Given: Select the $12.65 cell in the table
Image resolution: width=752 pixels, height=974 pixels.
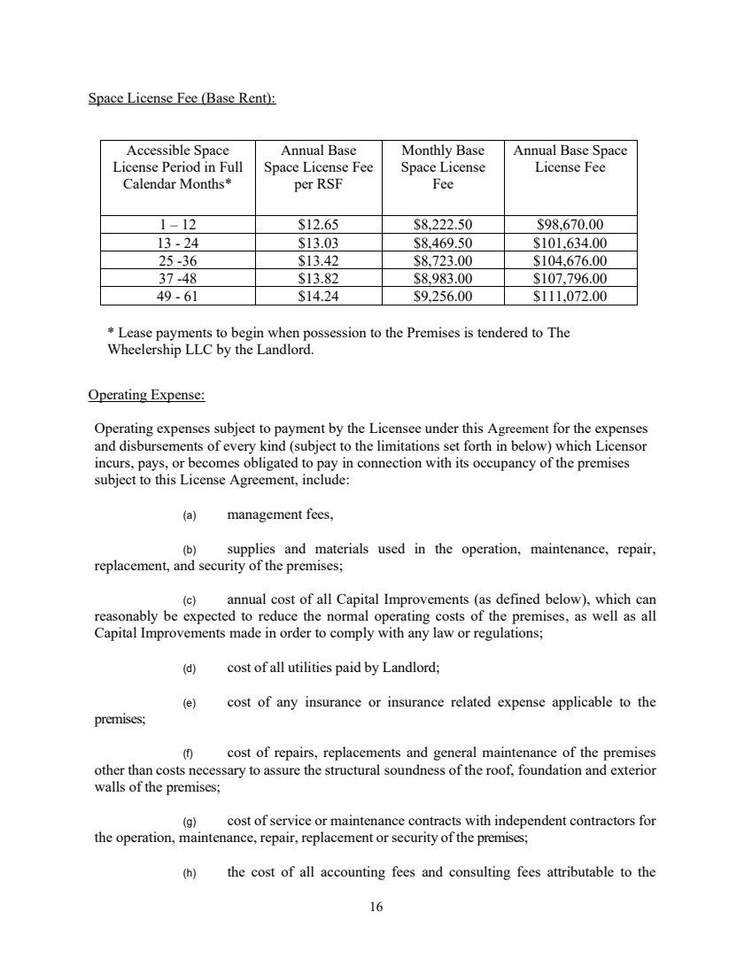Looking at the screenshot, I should pos(318,224).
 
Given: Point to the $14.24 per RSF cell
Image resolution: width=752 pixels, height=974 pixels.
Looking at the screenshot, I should pos(318,297).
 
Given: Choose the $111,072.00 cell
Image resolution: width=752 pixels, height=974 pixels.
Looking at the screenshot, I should pos(570,297).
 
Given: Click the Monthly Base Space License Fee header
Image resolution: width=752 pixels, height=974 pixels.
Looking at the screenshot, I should pos(443,167).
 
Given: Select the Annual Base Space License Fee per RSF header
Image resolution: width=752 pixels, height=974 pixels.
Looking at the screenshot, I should pos(318,167).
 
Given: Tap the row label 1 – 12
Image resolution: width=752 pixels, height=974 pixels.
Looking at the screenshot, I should pos(177,224).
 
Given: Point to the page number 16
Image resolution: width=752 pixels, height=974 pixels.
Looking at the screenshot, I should pos(376,906).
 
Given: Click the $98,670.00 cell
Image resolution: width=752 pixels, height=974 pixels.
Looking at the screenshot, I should pos(570,224).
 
